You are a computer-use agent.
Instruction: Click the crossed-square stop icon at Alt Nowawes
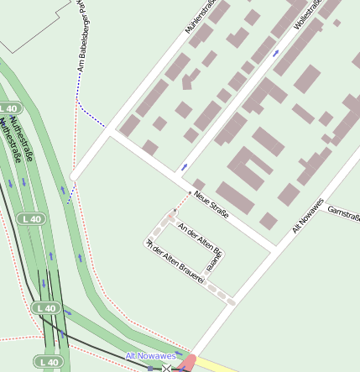coord(166,368)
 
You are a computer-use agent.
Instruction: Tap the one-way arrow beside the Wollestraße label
coord(276,53)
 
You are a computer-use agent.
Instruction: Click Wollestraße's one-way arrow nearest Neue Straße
coord(184,167)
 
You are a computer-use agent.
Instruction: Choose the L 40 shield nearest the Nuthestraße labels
coord(8,109)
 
